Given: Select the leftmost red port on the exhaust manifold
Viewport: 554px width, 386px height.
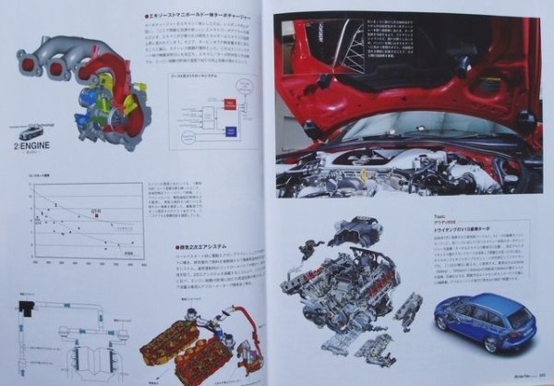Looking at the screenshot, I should [x=25, y=63].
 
